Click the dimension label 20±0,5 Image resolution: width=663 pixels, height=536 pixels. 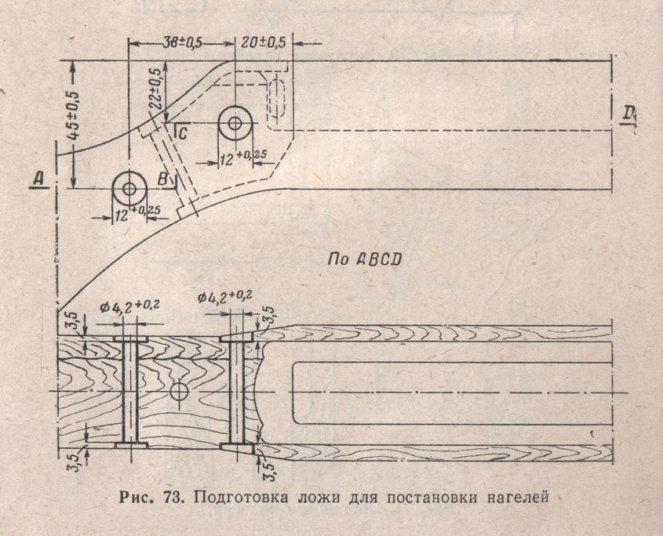tap(263, 42)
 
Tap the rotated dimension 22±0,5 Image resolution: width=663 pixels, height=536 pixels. tap(155, 89)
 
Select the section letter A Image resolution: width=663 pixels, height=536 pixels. tap(38, 179)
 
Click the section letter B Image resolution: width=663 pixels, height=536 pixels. tap(162, 179)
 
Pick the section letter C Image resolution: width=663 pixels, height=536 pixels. tap(182, 133)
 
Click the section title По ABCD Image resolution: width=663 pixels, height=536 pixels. tap(364, 259)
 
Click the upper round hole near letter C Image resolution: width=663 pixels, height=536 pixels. tap(235, 123)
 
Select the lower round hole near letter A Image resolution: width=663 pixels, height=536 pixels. tap(129, 188)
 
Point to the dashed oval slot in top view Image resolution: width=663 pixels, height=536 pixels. tap(278, 99)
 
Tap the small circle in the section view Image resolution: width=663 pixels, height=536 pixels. tap(179, 392)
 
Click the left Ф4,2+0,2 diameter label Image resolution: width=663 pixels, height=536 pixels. tap(129, 306)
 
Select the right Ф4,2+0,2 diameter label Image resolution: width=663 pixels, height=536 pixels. tap(225, 296)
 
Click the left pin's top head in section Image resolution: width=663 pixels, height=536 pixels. tap(130, 339)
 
